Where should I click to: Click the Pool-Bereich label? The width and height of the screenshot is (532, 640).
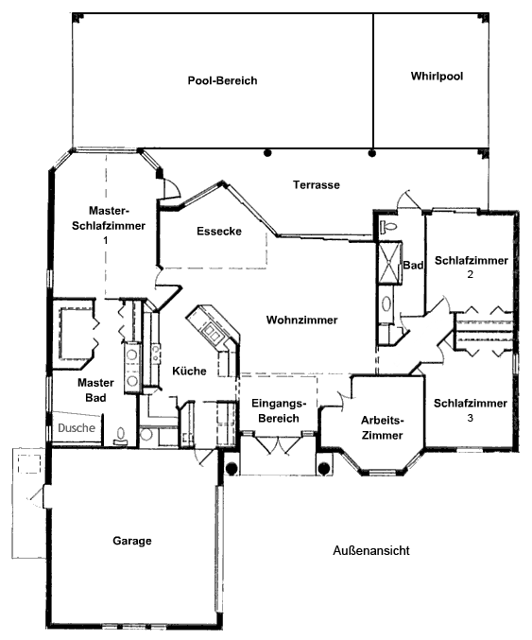(222, 80)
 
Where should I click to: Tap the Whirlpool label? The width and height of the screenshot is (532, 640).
(437, 77)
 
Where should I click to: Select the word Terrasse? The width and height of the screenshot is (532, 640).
(317, 185)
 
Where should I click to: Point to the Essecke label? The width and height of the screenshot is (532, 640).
(219, 231)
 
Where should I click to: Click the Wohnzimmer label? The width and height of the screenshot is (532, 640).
(301, 320)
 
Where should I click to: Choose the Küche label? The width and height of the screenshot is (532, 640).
(189, 371)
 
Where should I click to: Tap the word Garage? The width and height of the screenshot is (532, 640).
(132, 541)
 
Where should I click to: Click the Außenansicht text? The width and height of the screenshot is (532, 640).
(371, 550)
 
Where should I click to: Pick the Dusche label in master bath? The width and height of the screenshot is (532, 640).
(77, 427)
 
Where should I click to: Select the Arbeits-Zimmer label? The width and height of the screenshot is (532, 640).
(383, 427)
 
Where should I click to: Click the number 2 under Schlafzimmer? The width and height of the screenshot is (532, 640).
(471, 275)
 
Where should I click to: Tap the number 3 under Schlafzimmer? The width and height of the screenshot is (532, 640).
(471, 418)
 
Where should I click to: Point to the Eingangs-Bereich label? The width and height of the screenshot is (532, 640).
(279, 410)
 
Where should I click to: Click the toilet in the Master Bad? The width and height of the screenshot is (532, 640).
(121, 436)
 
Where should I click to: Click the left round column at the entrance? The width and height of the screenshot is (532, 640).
(232, 469)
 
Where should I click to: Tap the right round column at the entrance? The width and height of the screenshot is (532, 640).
(324, 469)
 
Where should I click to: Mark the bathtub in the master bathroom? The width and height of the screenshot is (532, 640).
(75, 333)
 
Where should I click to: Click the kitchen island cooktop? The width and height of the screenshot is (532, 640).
(213, 331)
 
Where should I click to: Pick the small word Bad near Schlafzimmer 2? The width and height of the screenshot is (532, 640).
(413, 266)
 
